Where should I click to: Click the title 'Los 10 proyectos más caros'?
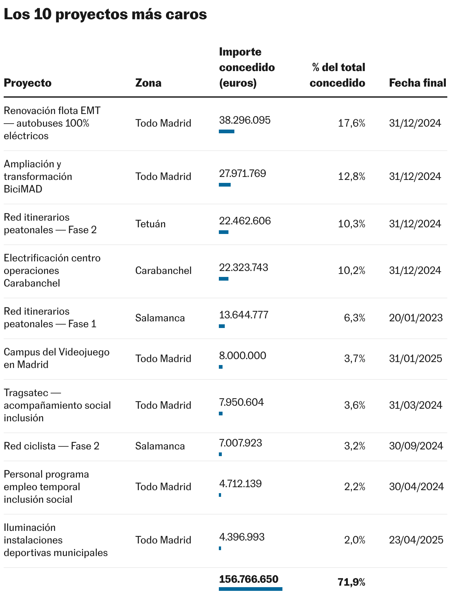click(105, 14)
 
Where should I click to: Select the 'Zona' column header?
click(148, 83)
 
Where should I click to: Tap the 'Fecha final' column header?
click(417, 83)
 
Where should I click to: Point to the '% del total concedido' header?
click(338, 75)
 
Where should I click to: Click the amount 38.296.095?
click(245, 120)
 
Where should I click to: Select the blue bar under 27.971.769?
click(225, 185)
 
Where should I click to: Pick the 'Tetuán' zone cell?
click(150, 224)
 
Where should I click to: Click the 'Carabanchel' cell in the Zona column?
click(163, 270)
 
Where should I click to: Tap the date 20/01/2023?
click(416, 318)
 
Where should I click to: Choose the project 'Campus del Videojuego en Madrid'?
click(57, 358)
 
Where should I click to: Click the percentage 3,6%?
click(355, 405)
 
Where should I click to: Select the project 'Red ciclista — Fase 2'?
click(51, 446)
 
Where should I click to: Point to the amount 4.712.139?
click(240, 483)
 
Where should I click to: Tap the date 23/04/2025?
click(416, 540)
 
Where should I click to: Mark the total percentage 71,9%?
click(351, 582)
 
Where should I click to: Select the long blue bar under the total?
click(251, 589)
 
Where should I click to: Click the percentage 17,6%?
click(352, 123)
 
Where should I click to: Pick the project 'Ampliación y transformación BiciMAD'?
click(38, 177)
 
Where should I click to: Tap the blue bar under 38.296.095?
click(227, 131)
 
